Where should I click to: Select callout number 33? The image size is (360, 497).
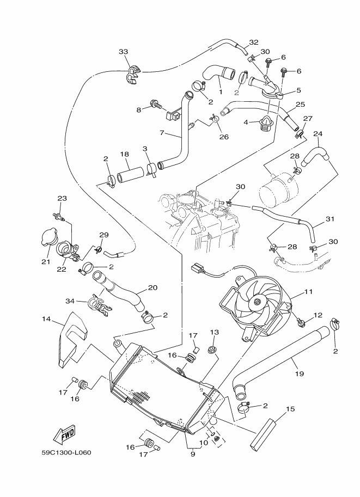123,52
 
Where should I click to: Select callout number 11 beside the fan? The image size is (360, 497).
308,292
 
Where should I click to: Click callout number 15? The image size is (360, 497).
290,409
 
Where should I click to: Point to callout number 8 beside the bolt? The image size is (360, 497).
138,109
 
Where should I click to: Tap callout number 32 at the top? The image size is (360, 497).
254,42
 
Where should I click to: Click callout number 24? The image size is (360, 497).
318,133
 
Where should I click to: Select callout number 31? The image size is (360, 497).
329,219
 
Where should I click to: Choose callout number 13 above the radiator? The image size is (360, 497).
215,332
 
